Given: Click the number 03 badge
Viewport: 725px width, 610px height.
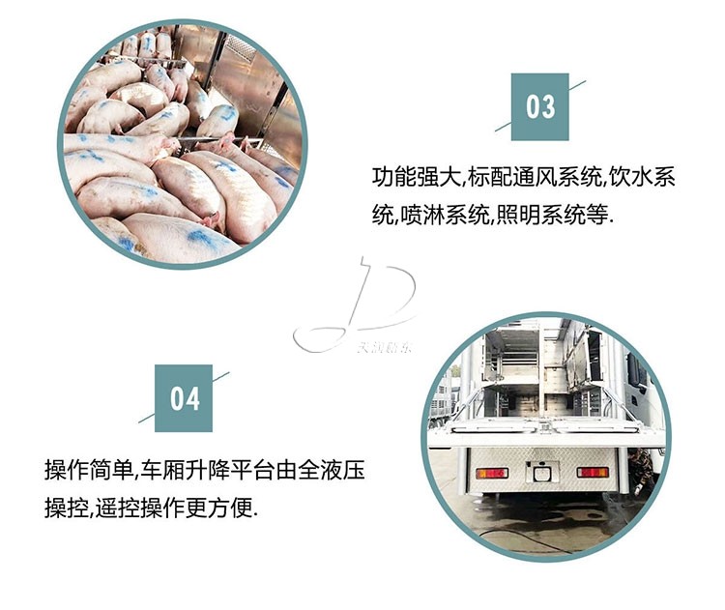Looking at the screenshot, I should click(x=539, y=104).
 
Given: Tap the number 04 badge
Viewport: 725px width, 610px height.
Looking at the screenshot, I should click(x=185, y=397).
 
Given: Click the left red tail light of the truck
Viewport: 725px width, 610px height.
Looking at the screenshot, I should click(x=491, y=472).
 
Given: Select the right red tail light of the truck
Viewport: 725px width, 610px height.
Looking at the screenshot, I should click(x=593, y=472).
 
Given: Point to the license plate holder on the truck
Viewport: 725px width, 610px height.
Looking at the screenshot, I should click(x=541, y=473).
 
